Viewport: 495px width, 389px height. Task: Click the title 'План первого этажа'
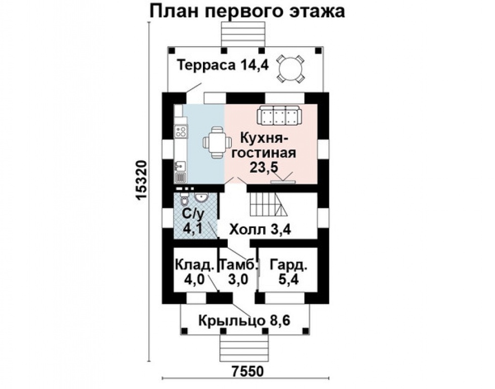pyautogui.click(x=246, y=12)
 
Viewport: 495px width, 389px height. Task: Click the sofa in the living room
pyautogui.click(x=279, y=116)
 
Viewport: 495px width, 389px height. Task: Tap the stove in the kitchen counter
pyautogui.click(x=180, y=132)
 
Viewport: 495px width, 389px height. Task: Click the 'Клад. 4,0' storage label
pyautogui.click(x=193, y=273)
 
